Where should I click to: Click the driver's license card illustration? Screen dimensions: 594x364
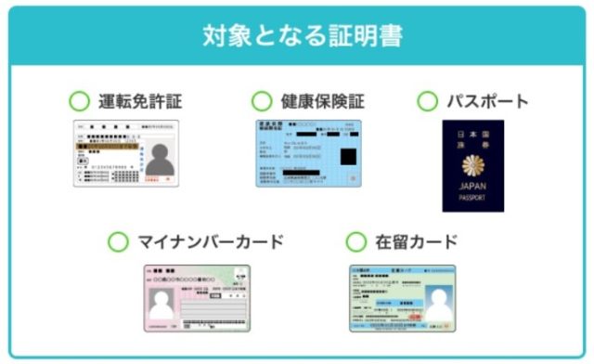(x=127, y=153)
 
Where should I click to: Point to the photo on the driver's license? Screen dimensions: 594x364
(x=160, y=160)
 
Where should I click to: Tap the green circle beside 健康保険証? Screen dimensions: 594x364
(x=263, y=101)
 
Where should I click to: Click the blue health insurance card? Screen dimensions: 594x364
(x=309, y=153)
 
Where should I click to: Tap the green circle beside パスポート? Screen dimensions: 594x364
(x=427, y=101)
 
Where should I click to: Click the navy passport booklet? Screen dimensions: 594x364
(x=473, y=165)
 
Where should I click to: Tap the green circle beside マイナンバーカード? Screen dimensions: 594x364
(x=118, y=242)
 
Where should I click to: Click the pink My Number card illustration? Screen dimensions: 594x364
(x=197, y=298)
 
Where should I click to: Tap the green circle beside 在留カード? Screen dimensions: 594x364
(x=356, y=242)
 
